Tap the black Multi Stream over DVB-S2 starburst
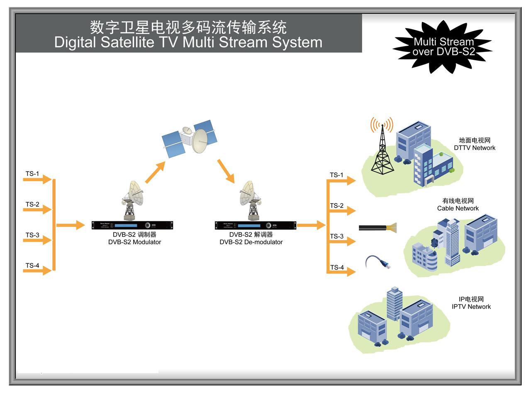(443, 47)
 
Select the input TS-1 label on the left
(32, 174)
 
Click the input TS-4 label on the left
(32, 265)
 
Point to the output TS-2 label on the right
(336, 206)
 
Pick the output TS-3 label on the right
(336, 236)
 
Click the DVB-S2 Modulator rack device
(132, 225)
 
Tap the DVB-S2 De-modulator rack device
(256, 225)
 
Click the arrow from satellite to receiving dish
(226, 171)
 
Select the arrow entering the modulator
(70, 225)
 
